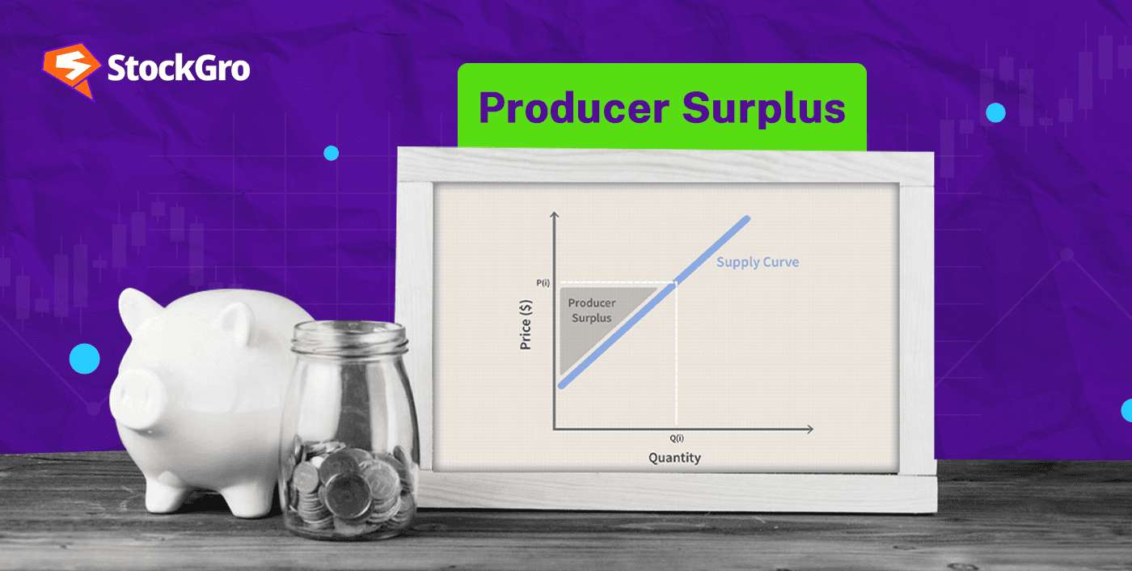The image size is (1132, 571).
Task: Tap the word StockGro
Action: coord(179,69)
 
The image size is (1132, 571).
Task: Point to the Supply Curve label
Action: coord(757,262)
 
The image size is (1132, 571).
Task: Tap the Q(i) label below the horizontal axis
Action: coord(675,438)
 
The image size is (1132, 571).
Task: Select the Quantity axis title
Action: coord(674,458)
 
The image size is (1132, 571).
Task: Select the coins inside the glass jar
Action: coord(348,485)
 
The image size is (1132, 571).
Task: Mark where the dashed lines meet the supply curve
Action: coord(675,282)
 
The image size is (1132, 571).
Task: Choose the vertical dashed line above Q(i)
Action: coord(675,356)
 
